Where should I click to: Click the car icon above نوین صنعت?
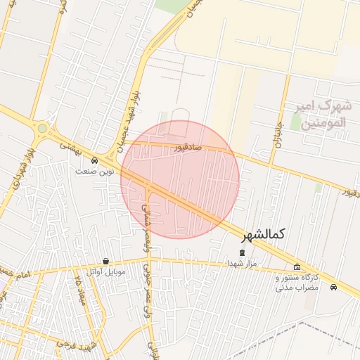coord(94,160)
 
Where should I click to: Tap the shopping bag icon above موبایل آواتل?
coord(105,261)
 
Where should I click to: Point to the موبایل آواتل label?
coord(106,271)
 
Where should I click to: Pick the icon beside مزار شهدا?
coord(243,252)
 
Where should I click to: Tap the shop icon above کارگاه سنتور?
coord(297,267)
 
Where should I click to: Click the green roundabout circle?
coord(42,129)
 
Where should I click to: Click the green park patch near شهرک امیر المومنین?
coord(319,188)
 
